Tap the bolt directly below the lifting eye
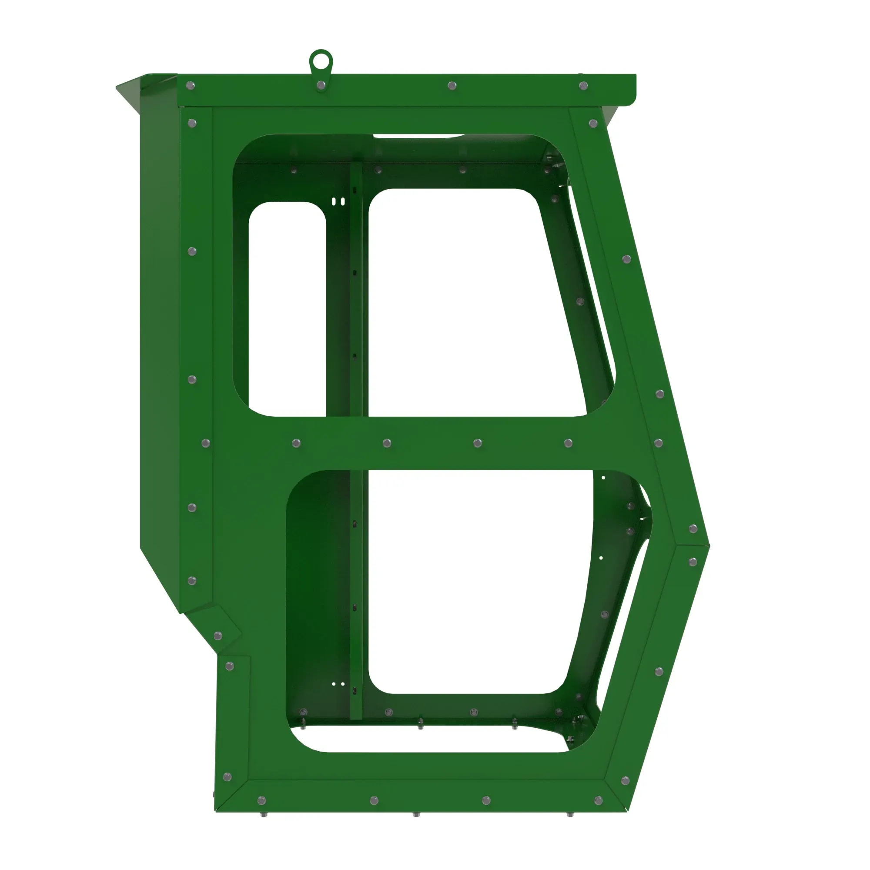click(x=321, y=85)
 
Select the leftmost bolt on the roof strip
click(x=191, y=85)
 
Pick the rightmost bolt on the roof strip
click(x=583, y=86)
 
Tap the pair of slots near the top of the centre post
click(x=338, y=201)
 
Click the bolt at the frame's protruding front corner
click(x=693, y=529)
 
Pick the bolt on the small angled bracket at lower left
click(x=218, y=636)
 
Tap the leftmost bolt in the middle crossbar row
click(x=206, y=443)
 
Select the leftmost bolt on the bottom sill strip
click(x=261, y=801)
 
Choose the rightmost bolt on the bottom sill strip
click(x=599, y=801)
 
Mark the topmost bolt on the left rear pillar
click(x=192, y=123)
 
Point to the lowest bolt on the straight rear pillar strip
click(x=192, y=580)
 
